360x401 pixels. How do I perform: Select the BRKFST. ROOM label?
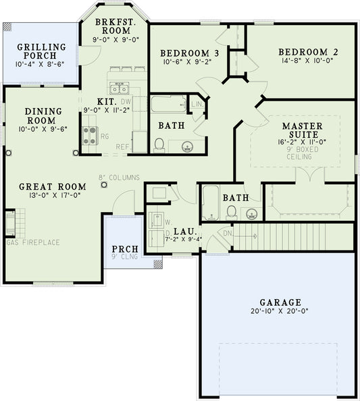pyautogui.click(x=117, y=26)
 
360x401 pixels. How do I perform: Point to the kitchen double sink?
pyautogui.click(x=119, y=88)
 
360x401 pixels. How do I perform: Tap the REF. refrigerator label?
pyautogui.click(x=123, y=146)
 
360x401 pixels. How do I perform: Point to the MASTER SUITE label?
pyautogui.click(x=302, y=131)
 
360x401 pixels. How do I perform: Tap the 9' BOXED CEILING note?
pyautogui.click(x=302, y=153)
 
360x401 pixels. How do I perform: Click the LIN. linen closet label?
pyautogui.click(x=197, y=105)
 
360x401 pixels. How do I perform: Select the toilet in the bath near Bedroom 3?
pyautogui.click(x=160, y=144)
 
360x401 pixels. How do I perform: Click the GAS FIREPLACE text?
pyautogui.click(x=32, y=242)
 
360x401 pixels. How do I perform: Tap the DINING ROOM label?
pyautogui.click(x=43, y=115)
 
